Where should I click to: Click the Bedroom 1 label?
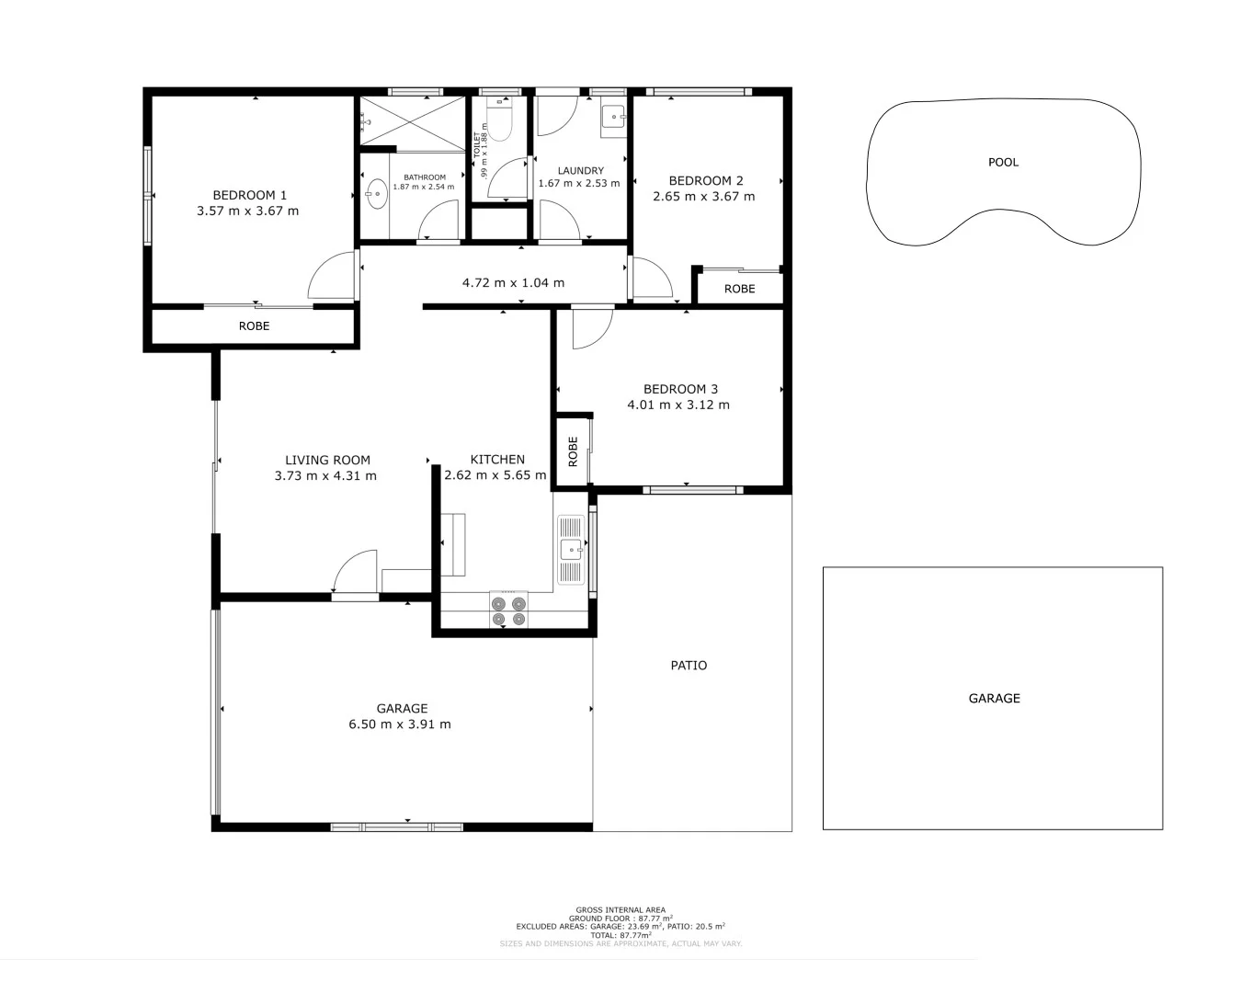pos(249,195)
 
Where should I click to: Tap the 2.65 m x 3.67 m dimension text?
pos(703,197)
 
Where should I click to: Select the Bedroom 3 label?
pos(680,389)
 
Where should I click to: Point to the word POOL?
pos(1003,162)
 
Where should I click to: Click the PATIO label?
pos(689,665)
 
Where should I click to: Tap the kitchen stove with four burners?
pos(508,611)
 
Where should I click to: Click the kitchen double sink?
pos(571,550)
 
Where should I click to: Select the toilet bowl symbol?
pos(499,124)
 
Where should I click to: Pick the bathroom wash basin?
pos(376,193)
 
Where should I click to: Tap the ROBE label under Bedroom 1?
pos(254,326)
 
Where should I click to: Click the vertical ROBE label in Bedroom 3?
pos(573,451)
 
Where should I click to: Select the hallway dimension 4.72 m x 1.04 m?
pos(513,282)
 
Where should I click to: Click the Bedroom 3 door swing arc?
pos(592,331)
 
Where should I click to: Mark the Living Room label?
pos(327,460)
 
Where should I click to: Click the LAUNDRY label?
pos(580,170)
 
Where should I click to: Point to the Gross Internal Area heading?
pos(620,910)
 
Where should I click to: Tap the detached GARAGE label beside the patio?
pos(994,698)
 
